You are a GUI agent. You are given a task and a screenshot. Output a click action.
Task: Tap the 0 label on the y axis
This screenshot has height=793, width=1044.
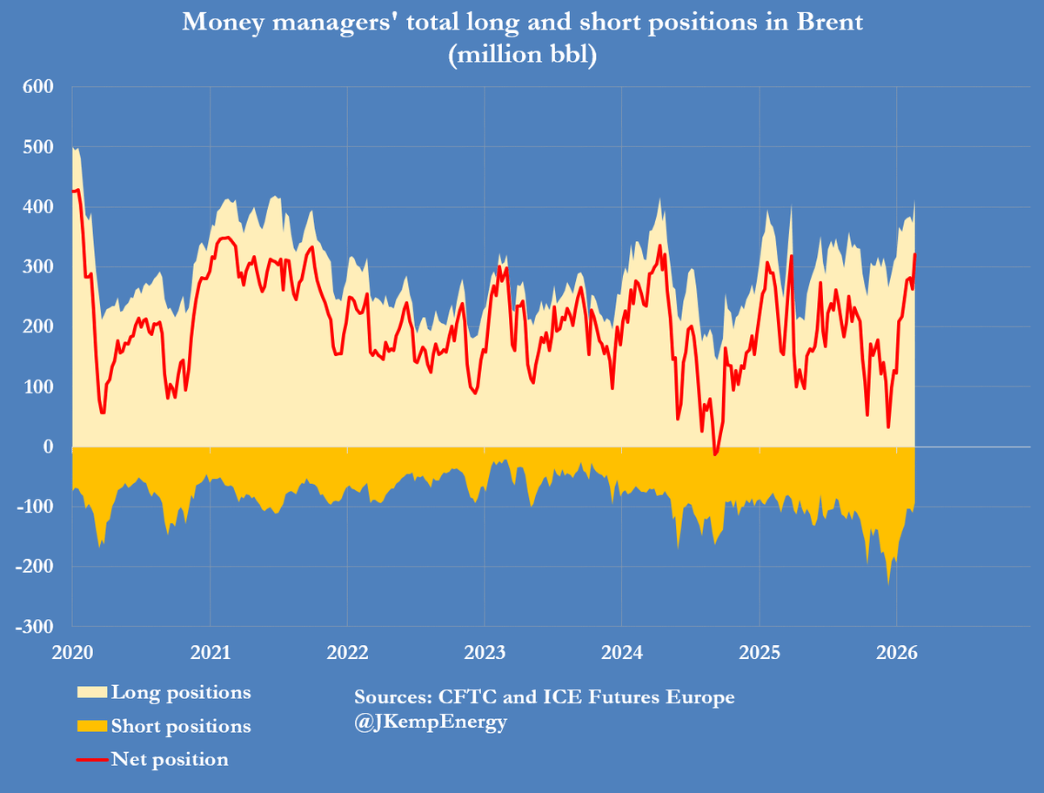coord(49,447)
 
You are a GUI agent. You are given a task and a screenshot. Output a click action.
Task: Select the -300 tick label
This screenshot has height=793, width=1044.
coord(35,627)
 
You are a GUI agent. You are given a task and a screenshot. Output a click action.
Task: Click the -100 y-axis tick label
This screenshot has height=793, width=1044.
coord(35,507)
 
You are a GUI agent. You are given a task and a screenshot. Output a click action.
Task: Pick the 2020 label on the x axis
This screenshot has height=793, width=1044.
coord(71,653)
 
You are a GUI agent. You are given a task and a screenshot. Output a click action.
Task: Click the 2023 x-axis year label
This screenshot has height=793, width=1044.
coord(484,653)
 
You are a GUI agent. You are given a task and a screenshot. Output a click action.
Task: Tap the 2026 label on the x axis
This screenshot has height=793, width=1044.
coord(896,653)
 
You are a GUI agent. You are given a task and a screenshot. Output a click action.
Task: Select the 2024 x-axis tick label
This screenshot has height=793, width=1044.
coord(621,653)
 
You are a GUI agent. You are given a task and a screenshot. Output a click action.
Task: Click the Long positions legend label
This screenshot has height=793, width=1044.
coord(181,693)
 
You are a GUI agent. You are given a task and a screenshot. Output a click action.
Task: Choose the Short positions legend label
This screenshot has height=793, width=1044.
coord(181,726)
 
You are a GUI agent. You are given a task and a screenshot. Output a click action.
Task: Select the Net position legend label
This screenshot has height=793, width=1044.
coord(170,759)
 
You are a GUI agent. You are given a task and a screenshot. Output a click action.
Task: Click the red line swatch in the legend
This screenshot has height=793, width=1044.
coord(92,760)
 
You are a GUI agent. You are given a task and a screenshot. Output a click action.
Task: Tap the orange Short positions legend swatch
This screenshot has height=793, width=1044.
coord(92,727)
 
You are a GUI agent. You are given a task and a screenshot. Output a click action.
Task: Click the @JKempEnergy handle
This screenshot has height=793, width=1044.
coord(431,722)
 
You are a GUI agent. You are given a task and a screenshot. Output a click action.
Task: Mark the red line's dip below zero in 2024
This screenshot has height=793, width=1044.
coord(716,454)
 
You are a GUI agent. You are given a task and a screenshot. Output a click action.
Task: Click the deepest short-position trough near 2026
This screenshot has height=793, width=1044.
coord(888,583)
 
